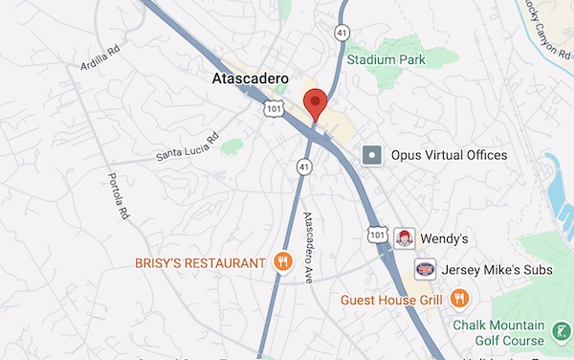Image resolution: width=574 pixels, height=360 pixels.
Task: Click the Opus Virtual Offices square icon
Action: (x=372, y=154)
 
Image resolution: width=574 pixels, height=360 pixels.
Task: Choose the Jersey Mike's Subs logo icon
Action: (x=426, y=270)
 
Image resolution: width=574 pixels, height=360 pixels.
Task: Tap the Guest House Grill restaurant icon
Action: (x=460, y=299)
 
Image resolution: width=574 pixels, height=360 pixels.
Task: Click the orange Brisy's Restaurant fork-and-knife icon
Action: (x=282, y=262)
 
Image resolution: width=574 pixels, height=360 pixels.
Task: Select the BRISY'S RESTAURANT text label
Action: (x=199, y=262)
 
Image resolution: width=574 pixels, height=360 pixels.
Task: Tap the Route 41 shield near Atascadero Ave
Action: (x=303, y=167)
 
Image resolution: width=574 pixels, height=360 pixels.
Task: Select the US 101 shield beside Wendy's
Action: (x=378, y=235)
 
